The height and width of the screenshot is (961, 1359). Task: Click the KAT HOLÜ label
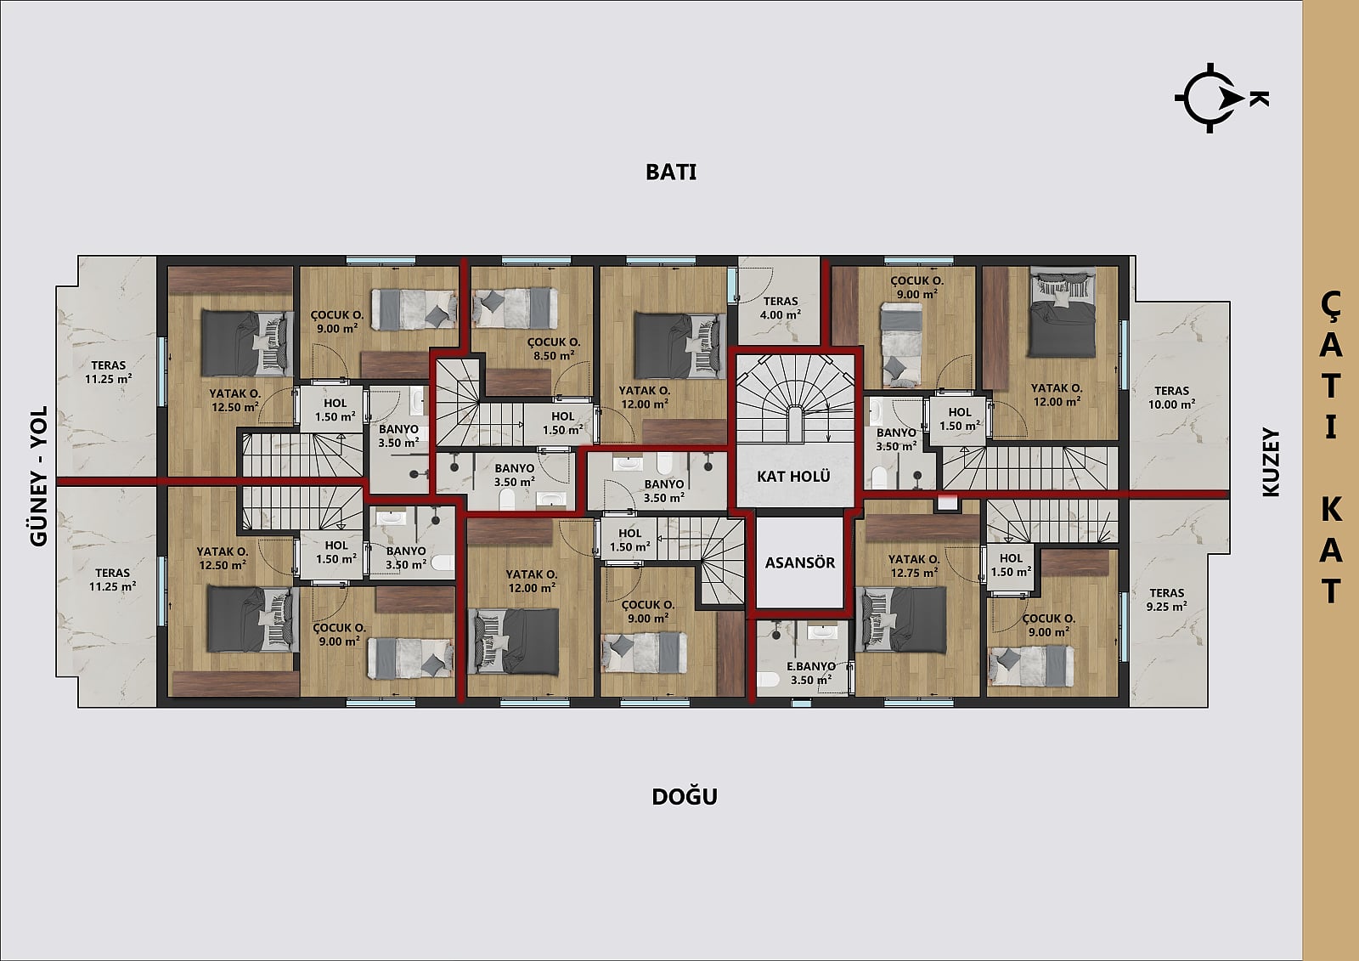(793, 477)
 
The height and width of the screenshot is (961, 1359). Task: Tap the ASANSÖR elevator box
(799, 562)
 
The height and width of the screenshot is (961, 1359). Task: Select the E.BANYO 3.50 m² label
(811, 673)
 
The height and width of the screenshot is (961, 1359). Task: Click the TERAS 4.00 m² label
(781, 308)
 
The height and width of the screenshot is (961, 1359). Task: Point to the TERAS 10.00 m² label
(1171, 398)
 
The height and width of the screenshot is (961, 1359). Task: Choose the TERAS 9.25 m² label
(1167, 599)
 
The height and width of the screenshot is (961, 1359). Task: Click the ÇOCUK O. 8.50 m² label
(553, 349)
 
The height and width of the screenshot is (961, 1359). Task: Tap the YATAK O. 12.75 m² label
(914, 566)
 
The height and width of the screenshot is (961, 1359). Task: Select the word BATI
(671, 172)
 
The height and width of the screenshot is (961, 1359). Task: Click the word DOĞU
(685, 796)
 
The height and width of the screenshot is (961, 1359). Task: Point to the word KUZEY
(1271, 462)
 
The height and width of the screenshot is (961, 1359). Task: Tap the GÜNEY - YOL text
(39, 477)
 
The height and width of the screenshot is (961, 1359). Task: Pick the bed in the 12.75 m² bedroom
(900, 619)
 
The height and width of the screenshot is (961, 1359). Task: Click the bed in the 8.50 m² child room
(515, 308)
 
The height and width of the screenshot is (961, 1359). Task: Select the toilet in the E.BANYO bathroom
(769, 679)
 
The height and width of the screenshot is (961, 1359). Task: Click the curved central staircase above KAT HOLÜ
(795, 399)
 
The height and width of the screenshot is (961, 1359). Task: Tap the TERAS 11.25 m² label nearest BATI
(109, 372)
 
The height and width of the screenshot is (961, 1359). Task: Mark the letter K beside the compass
(1259, 99)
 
